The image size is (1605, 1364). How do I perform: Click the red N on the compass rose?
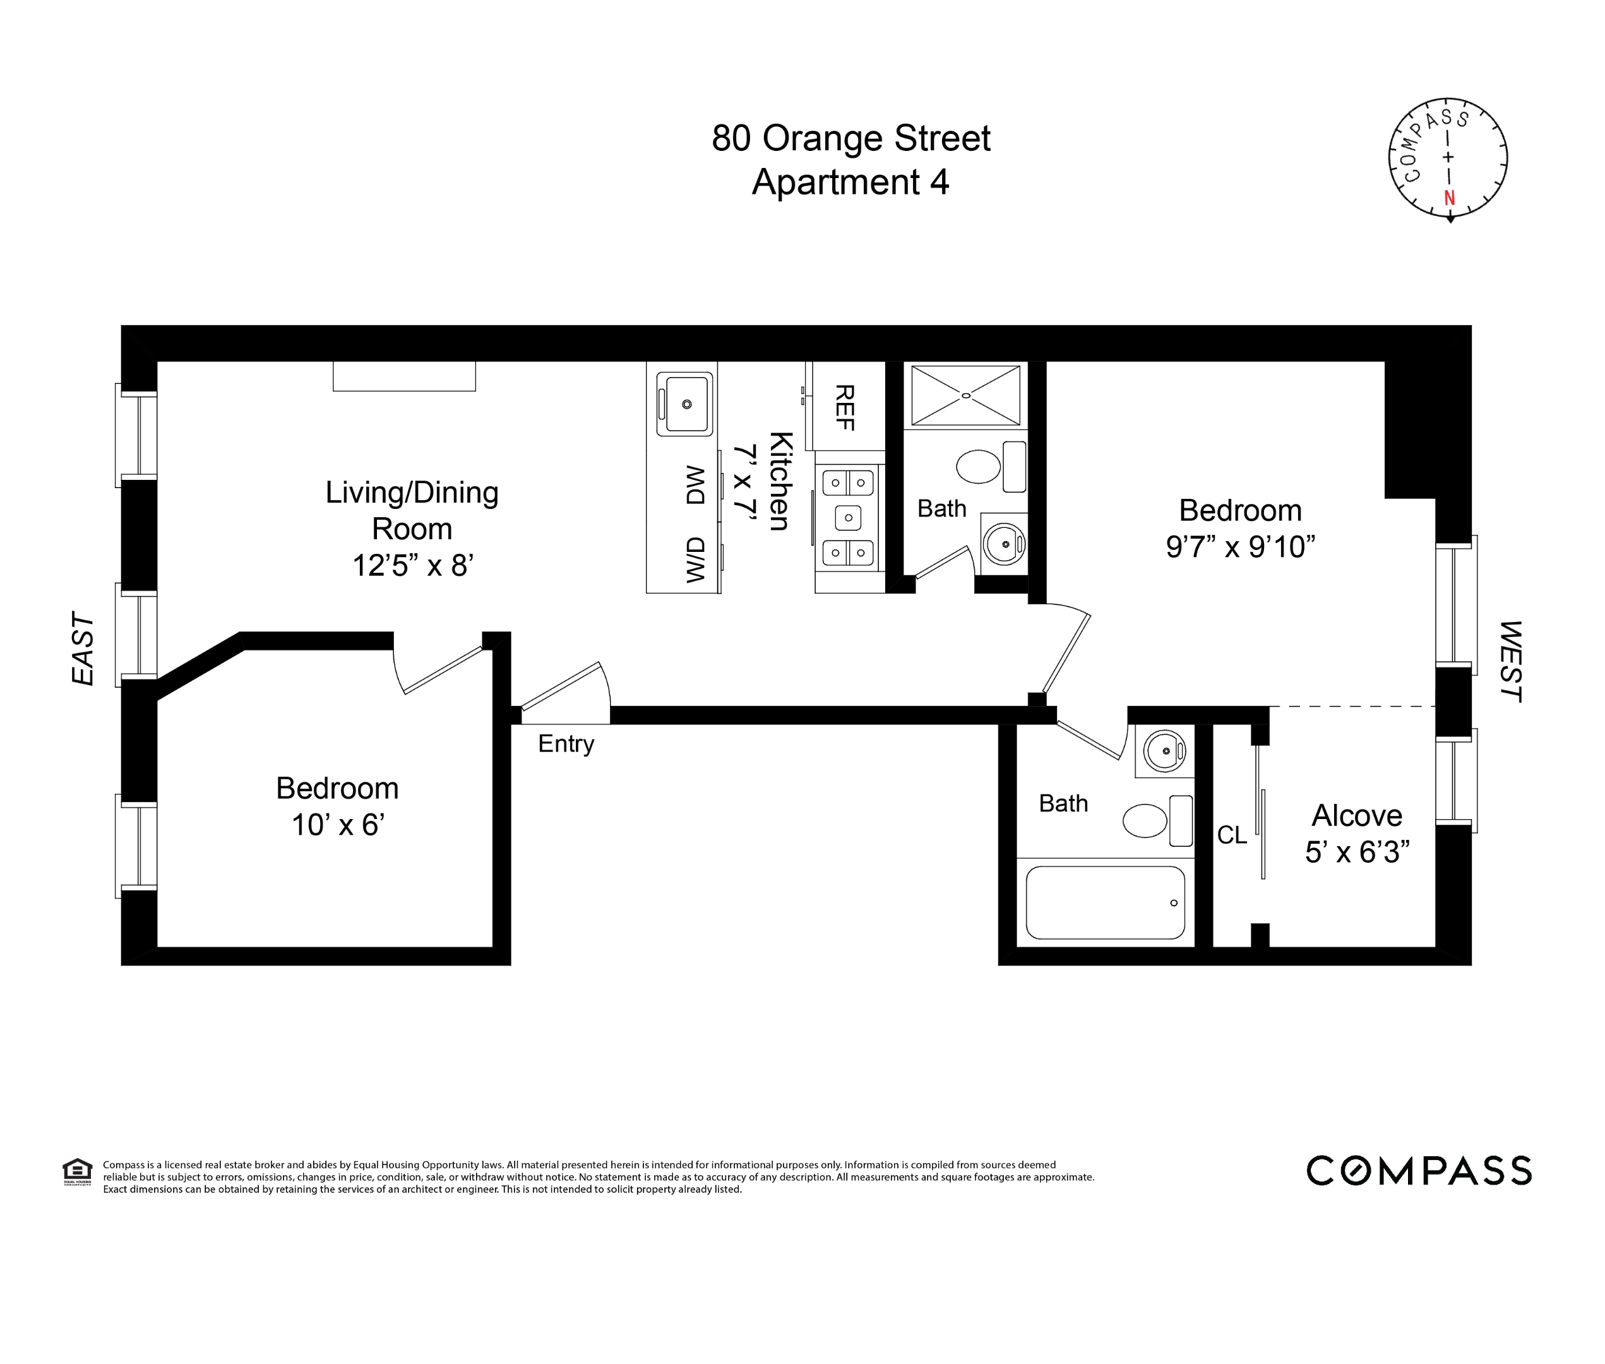pyautogui.click(x=1449, y=198)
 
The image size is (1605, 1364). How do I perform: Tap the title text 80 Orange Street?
pyautogui.click(x=850, y=138)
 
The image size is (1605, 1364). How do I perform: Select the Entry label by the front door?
pyautogui.click(x=566, y=744)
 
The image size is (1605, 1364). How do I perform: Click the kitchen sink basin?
pyautogui.click(x=686, y=404)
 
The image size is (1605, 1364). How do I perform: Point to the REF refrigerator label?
pyautogui.click(x=844, y=407)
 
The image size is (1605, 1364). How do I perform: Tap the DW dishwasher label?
pyautogui.click(x=696, y=486)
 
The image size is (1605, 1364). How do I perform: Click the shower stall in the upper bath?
pyautogui.click(x=965, y=395)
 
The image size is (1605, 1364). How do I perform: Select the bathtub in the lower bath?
pyautogui.click(x=1105, y=902)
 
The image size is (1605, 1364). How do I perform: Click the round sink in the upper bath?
pyautogui.click(x=1005, y=544)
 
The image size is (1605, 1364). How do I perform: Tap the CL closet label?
pyautogui.click(x=1232, y=835)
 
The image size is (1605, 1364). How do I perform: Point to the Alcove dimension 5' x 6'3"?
pyautogui.click(x=1357, y=852)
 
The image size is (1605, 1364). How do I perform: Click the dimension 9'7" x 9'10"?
pyautogui.click(x=1240, y=547)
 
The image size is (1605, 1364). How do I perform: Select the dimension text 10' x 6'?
pyautogui.click(x=338, y=825)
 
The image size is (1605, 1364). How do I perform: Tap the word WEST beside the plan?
pyautogui.click(x=1510, y=661)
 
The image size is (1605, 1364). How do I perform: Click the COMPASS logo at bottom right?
pyautogui.click(x=1418, y=1171)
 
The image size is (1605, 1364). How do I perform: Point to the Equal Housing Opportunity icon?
pyautogui.click(x=77, y=1171)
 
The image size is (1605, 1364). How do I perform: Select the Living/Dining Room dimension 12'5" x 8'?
pyautogui.click(x=412, y=565)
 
